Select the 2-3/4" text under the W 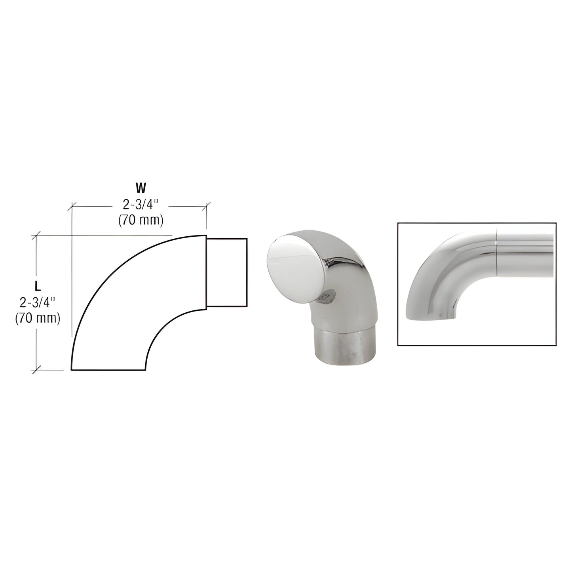click(141, 205)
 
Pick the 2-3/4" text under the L click(38, 303)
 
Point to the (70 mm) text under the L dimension click(38, 318)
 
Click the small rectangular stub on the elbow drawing click(227, 272)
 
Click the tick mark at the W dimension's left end click(72, 206)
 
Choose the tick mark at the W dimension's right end click(207, 206)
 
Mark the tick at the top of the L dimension click(37, 235)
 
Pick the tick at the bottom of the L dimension click(37, 370)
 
